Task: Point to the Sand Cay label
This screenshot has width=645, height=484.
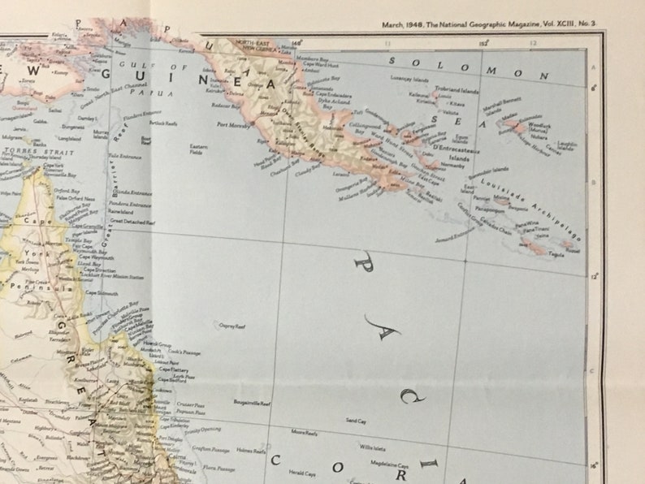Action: [x=356, y=421]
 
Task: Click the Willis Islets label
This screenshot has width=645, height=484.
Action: [x=373, y=447]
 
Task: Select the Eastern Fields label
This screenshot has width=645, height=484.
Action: [x=198, y=149]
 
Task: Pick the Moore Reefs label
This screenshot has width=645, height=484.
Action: [x=305, y=434]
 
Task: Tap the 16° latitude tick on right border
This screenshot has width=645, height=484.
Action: [x=595, y=465]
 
